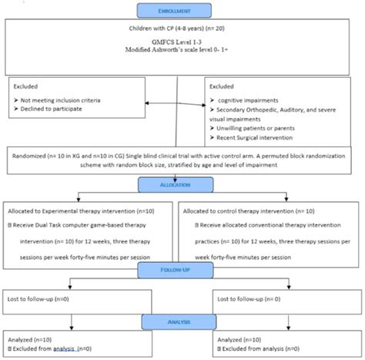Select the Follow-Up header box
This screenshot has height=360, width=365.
coord(182,271)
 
